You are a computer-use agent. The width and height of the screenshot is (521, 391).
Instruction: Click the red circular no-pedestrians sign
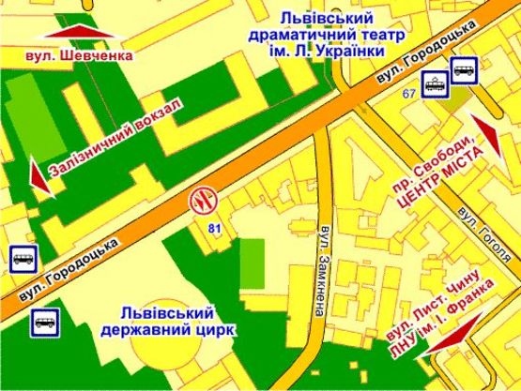(x=203, y=200)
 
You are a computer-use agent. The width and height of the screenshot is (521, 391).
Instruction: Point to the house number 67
(x=409, y=94)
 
